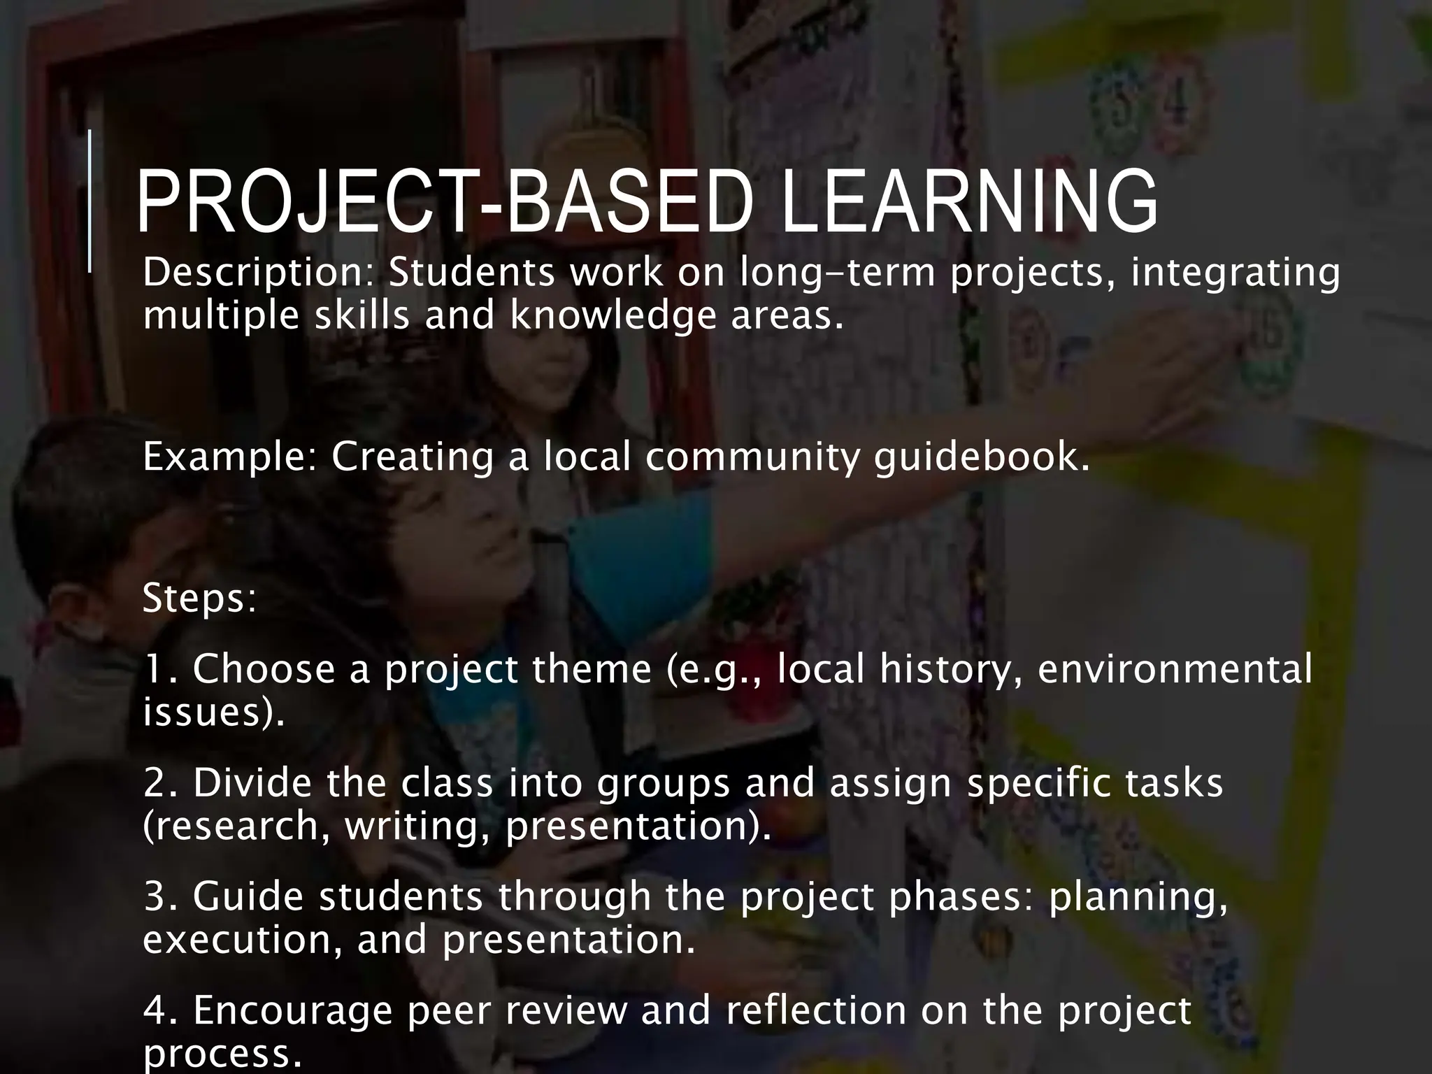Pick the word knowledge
tap(613, 317)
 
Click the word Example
tap(230, 458)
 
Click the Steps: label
tap(199, 599)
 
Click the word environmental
tap(1175, 668)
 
